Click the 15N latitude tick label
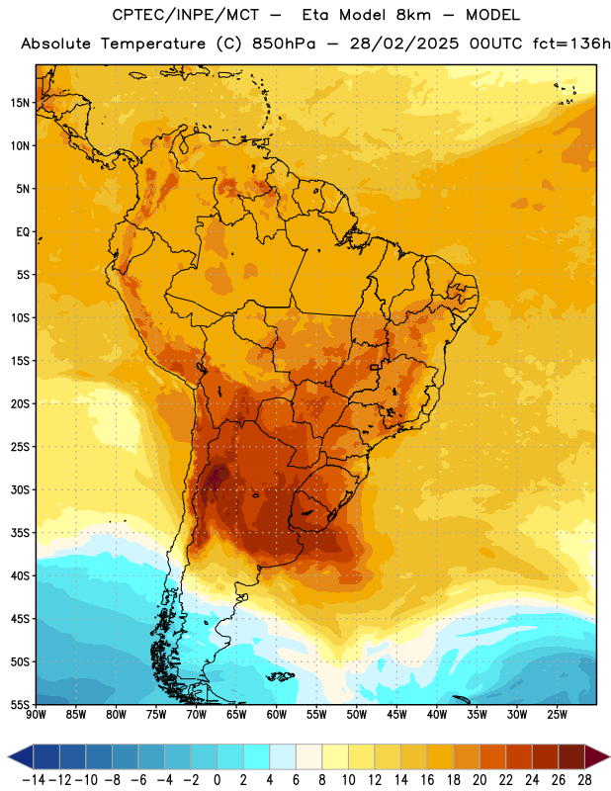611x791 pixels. [x=20, y=103]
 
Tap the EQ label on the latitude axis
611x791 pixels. [x=23, y=232]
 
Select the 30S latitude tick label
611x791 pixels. [x=20, y=489]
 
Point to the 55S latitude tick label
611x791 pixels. [x=20, y=704]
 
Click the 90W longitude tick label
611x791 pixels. [x=36, y=715]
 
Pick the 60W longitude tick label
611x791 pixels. [x=277, y=715]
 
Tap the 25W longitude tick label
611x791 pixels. [x=557, y=715]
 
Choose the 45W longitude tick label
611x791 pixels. [x=396, y=715]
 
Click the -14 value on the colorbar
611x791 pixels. [x=34, y=780]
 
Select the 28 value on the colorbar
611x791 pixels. [x=584, y=780]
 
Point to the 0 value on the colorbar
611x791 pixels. [x=217, y=780]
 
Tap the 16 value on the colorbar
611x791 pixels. [x=427, y=780]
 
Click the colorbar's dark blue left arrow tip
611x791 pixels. [x=8, y=756]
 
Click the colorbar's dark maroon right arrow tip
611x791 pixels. [x=609, y=756]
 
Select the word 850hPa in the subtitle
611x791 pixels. [x=284, y=44]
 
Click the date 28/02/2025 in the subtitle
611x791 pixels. [x=404, y=44]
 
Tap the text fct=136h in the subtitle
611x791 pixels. [x=571, y=44]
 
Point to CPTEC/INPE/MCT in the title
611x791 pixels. [x=185, y=15]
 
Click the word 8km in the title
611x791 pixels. [x=413, y=15]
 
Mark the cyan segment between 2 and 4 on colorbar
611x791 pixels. [x=256, y=756]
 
